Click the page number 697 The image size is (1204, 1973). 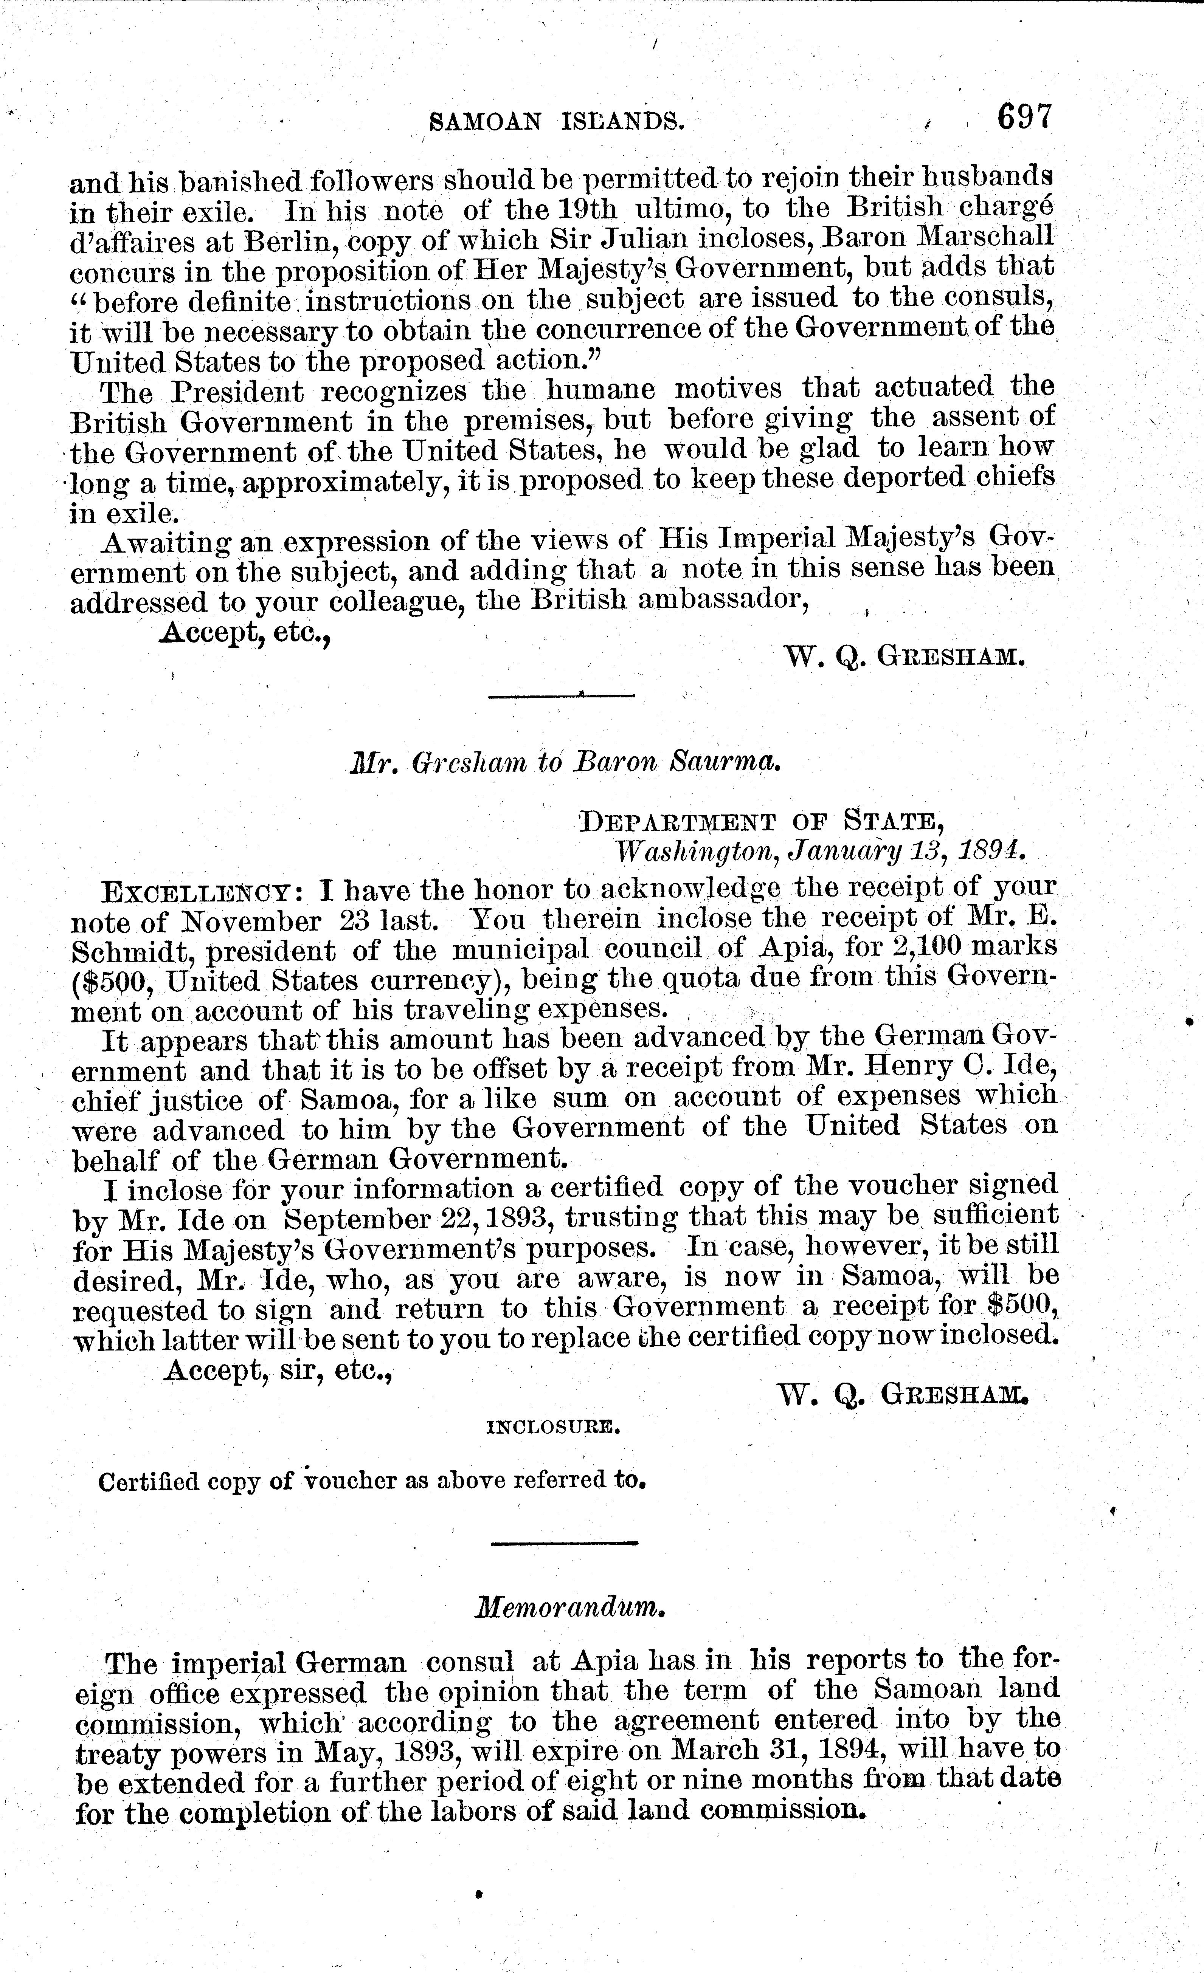click(x=1023, y=118)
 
